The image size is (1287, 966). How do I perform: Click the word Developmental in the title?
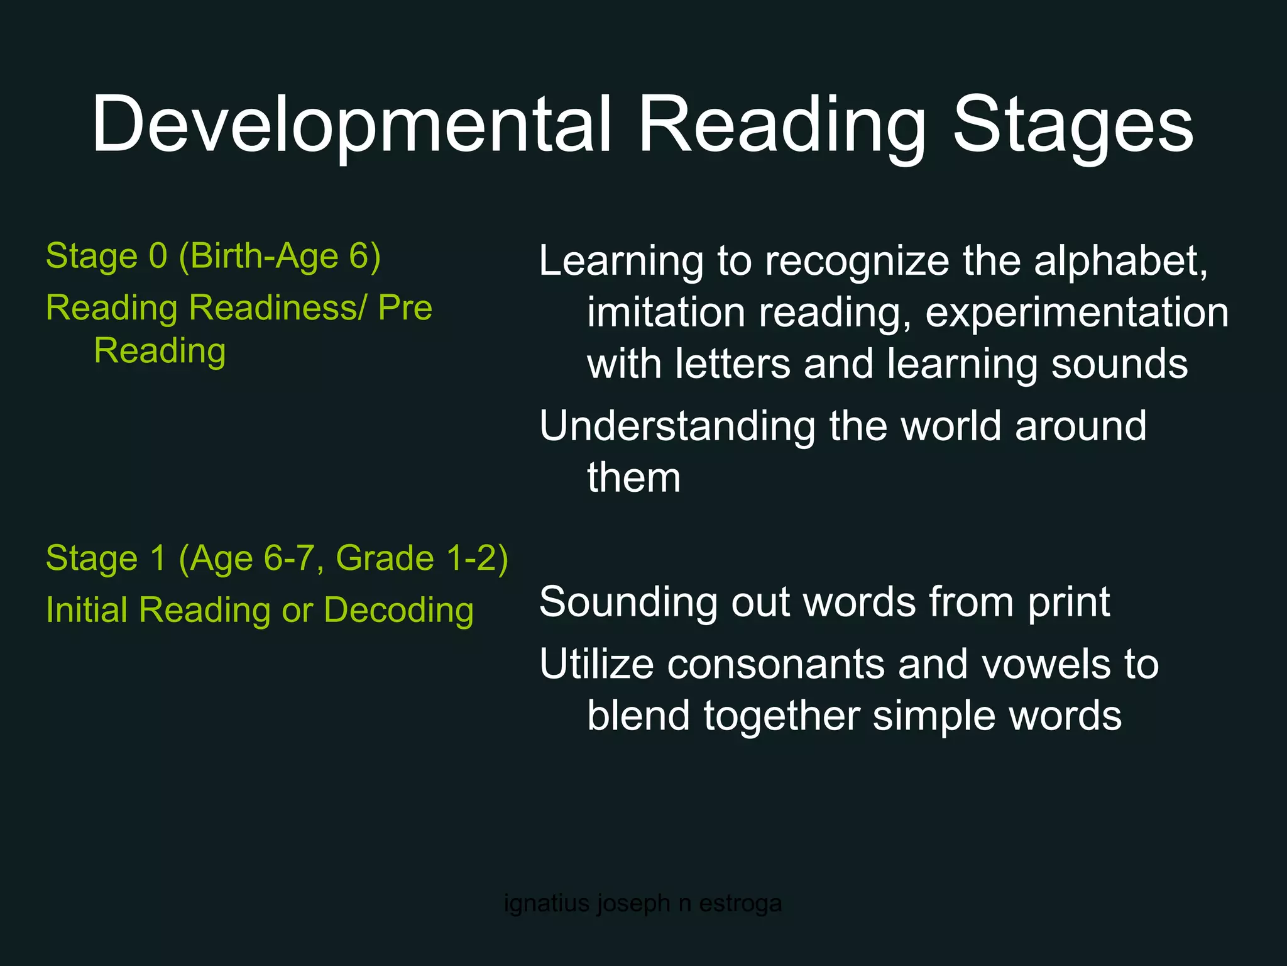[351, 124]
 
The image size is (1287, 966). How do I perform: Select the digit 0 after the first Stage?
[158, 256]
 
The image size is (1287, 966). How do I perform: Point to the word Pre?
[405, 308]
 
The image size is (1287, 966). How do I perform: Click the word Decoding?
[398, 610]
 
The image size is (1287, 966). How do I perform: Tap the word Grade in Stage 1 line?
[385, 558]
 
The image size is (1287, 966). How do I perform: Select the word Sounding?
[628, 602]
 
